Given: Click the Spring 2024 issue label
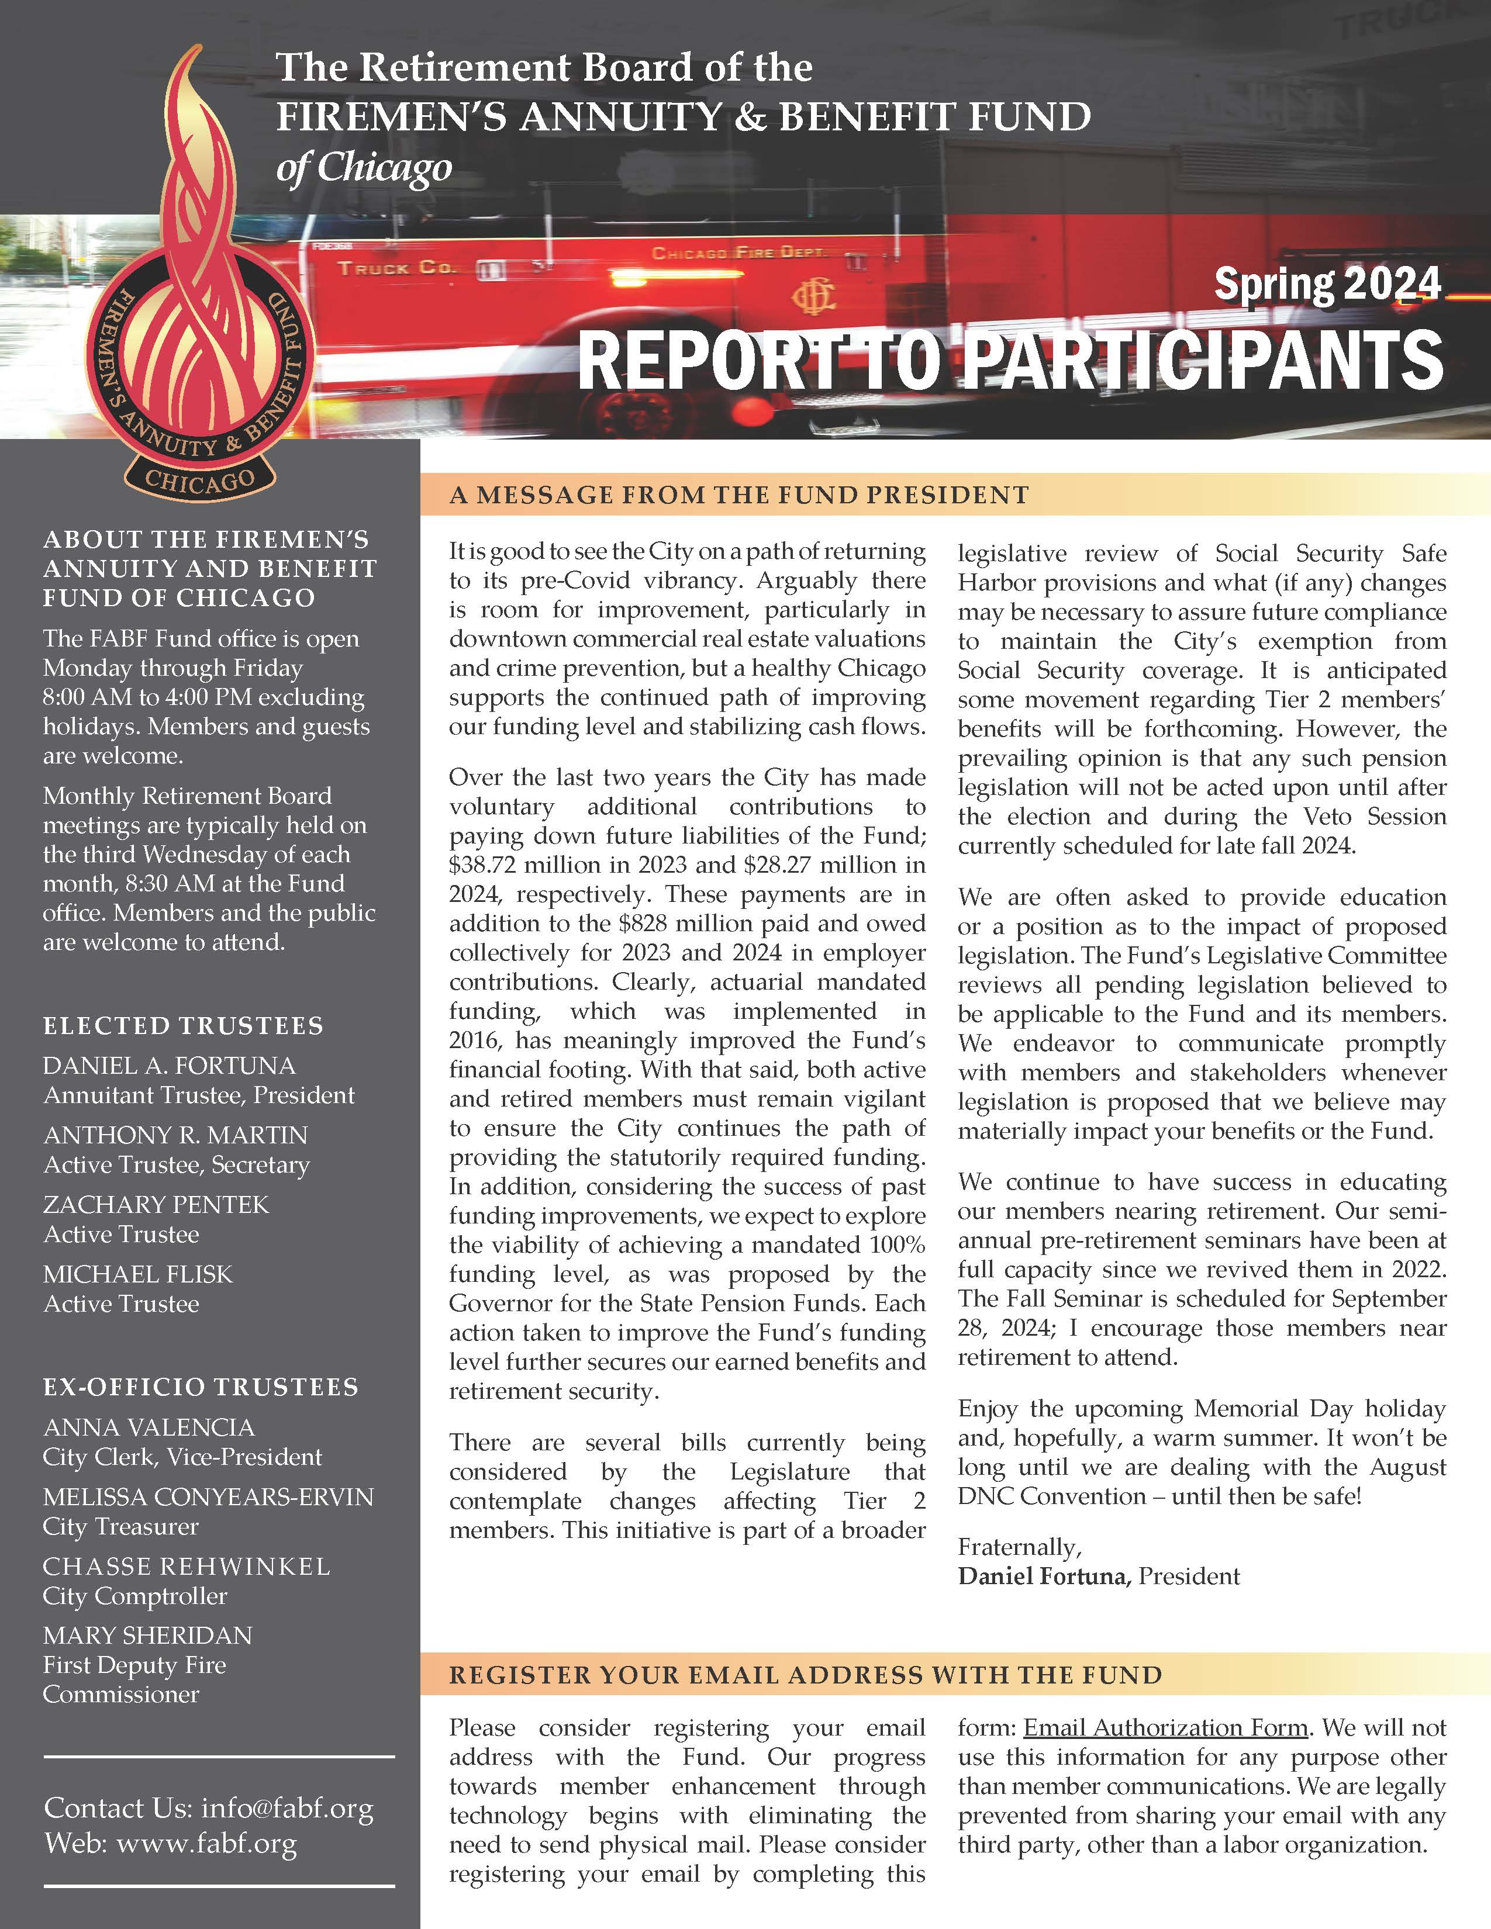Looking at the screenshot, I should [1327, 285].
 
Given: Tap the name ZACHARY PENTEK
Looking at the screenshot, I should [156, 1205].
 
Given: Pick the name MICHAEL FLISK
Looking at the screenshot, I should [138, 1274].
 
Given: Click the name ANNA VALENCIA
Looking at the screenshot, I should [149, 1427].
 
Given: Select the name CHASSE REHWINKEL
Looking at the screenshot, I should [187, 1567].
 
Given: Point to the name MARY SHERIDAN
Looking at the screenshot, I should [147, 1636].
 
